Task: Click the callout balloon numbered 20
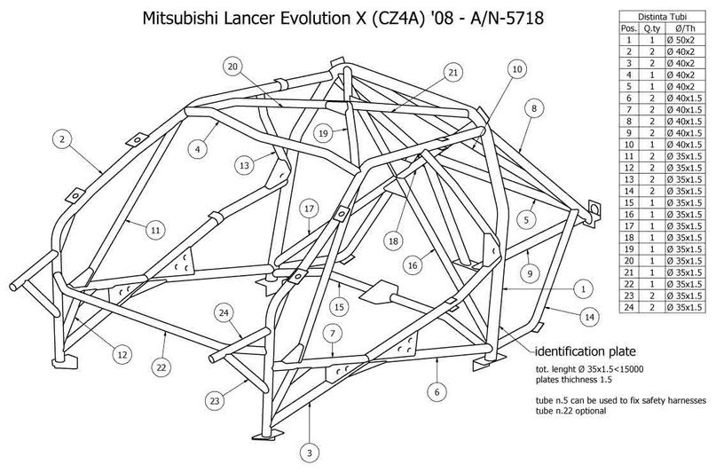coord(232,67)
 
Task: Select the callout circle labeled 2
coord(63,138)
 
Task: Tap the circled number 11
coord(156,231)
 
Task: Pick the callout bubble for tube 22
coord(161,367)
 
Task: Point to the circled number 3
coord(310,453)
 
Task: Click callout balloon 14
coord(589,317)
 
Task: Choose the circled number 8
coord(534,108)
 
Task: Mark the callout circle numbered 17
coord(309,209)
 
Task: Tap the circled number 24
coord(224,313)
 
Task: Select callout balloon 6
coord(437,391)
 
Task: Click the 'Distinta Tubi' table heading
coord(662,17)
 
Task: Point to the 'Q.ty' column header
coord(652,28)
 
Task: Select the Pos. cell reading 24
coord(629,307)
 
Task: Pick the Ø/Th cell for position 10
coord(684,145)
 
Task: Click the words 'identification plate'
coord(585,351)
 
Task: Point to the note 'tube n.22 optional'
coord(570,411)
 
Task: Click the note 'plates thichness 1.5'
coord(573,380)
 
